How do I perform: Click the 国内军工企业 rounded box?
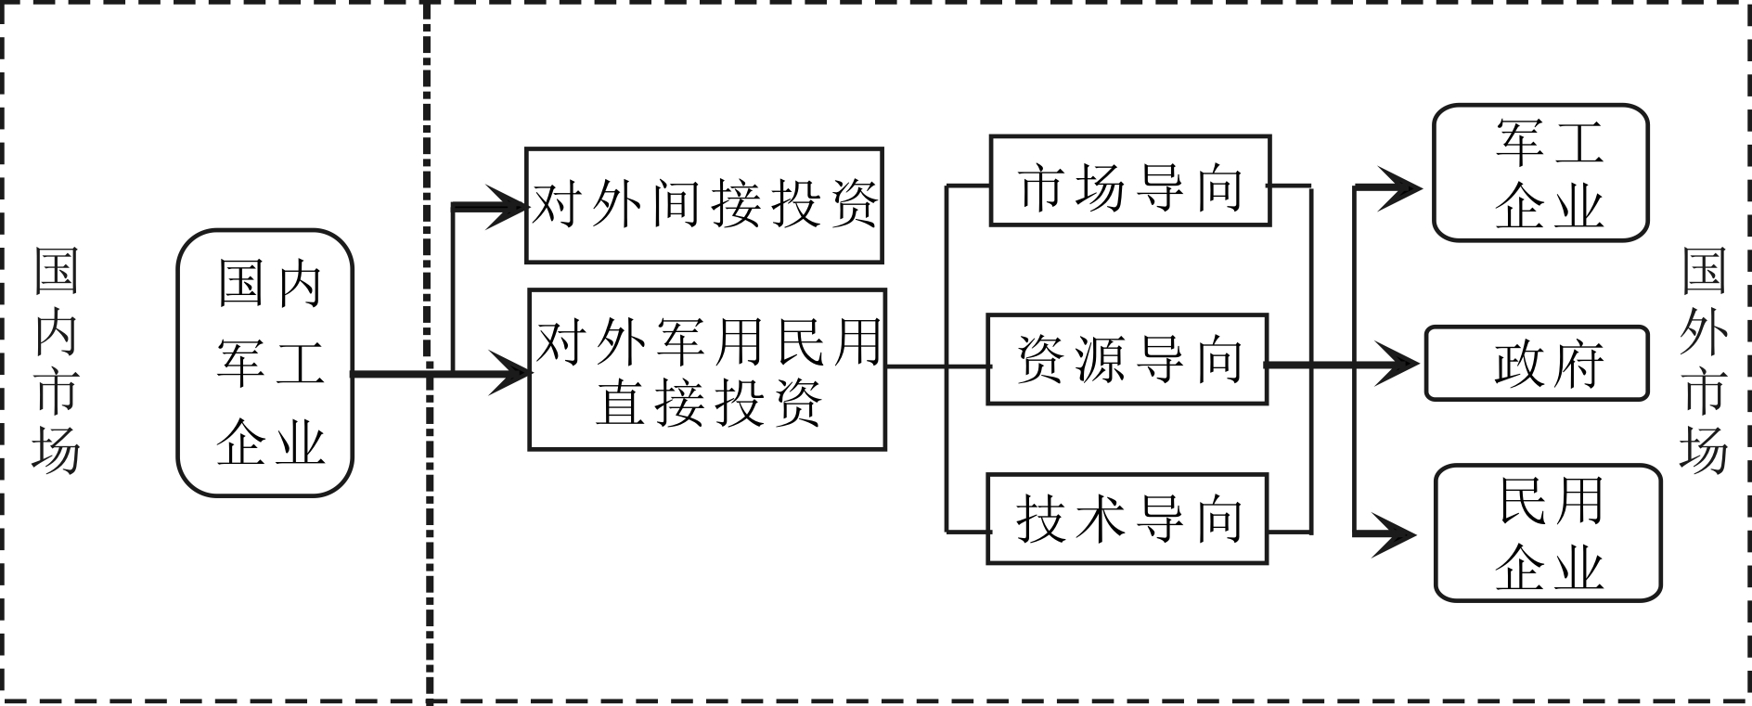(266, 363)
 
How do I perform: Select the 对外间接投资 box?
(703, 205)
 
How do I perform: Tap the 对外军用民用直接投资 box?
(706, 369)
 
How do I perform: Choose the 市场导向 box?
(1129, 181)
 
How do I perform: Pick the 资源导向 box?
(1127, 360)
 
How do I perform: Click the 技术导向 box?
(1127, 520)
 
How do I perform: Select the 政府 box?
(1536, 364)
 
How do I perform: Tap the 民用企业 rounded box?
(1548, 533)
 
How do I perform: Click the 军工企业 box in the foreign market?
(1540, 173)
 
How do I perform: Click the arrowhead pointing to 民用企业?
(1397, 534)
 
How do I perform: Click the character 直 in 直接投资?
(620, 404)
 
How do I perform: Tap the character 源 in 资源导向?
(1101, 360)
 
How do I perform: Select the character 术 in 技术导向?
(1101, 520)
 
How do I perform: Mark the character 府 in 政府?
(1577, 365)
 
